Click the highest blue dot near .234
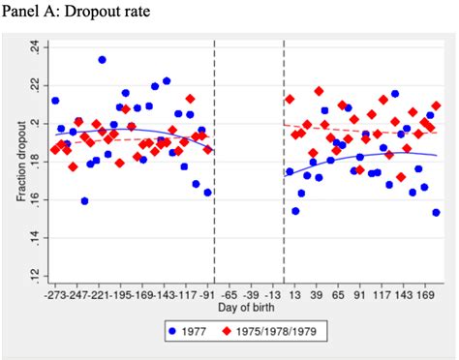(102, 60)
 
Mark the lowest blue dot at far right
(437, 213)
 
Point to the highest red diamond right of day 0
(320, 91)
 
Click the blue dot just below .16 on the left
(85, 201)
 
